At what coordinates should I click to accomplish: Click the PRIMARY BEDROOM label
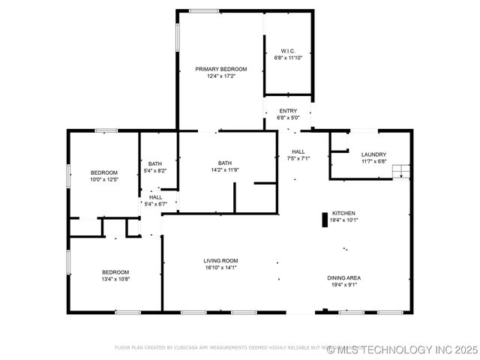220,69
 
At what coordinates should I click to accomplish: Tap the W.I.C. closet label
288,50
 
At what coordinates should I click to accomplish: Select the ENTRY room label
288,111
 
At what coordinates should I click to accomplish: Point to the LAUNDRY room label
373,154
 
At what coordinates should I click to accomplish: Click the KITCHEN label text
344,213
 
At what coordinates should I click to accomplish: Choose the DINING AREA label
344,278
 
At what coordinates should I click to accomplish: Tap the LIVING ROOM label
220,261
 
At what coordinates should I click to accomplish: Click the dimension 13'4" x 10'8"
115,279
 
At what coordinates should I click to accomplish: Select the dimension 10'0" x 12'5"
104,179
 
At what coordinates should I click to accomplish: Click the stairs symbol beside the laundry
403,171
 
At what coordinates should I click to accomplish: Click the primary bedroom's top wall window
203,10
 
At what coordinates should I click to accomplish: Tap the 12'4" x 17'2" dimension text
220,76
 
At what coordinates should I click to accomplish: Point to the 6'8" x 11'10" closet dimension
288,57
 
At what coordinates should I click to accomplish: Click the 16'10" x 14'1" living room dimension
220,268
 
